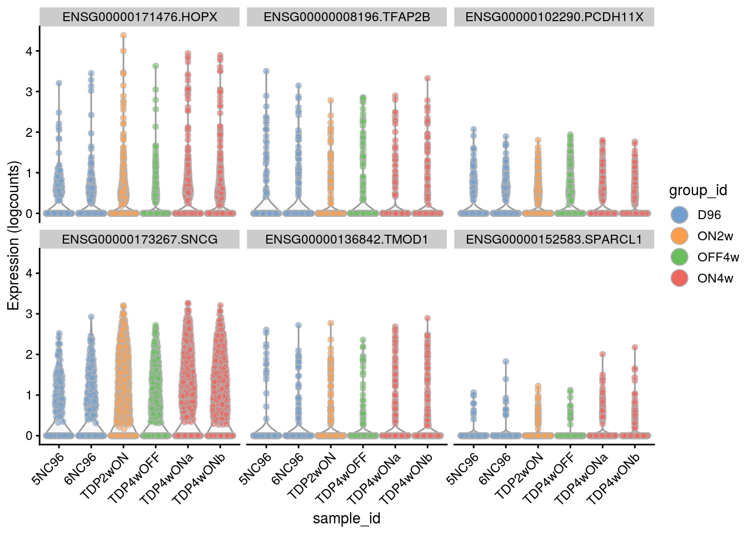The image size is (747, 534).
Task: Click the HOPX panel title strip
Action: pyautogui.click(x=140, y=17)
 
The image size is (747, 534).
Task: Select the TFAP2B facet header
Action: pyautogui.click(x=347, y=17)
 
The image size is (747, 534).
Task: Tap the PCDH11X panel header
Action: pyautogui.click(x=554, y=17)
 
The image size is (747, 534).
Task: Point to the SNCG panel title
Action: pyautogui.click(x=140, y=239)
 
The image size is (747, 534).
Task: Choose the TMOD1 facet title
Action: pyautogui.click(x=347, y=239)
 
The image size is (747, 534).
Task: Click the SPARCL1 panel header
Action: pyautogui.click(x=554, y=239)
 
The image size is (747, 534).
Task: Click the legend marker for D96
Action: pyautogui.click(x=679, y=215)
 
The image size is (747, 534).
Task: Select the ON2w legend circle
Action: pyautogui.click(x=679, y=236)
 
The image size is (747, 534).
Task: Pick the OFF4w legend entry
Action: pyautogui.click(x=679, y=257)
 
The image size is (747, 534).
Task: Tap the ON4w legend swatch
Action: pyautogui.click(x=679, y=278)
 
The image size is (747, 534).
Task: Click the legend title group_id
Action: pyautogui.click(x=698, y=191)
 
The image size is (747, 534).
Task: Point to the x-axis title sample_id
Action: pyautogui.click(x=346, y=518)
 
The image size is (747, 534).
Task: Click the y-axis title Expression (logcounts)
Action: pyautogui.click(x=13, y=235)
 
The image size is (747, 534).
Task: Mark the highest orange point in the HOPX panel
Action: pyautogui.click(x=123, y=36)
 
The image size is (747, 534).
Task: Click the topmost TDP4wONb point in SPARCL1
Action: pyautogui.click(x=635, y=348)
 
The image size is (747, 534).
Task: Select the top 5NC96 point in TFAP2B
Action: pyautogui.click(x=266, y=71)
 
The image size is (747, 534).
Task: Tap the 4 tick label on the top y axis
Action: pyautogui.click(x=29, y=51)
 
